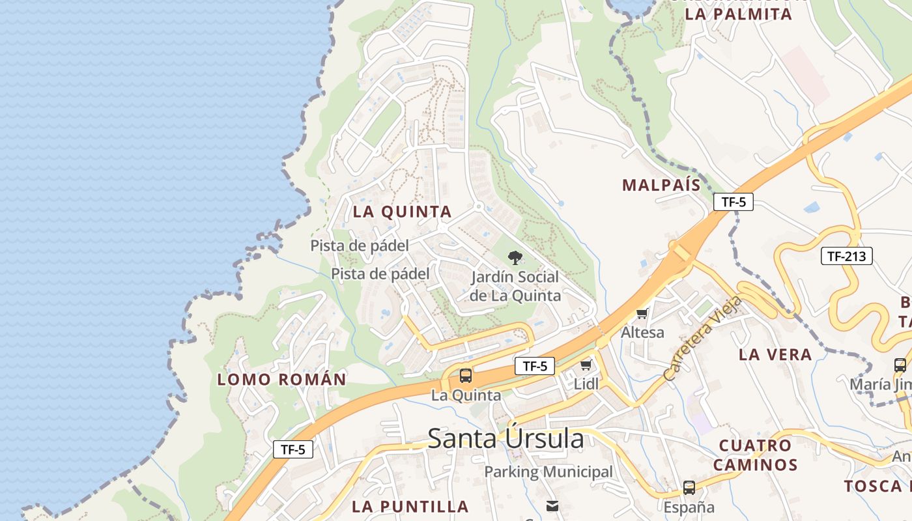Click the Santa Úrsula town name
coord(506,439)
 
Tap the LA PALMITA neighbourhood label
coord(739,14)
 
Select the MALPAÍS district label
coord(661,185)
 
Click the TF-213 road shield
coord(846,256)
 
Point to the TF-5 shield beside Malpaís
coord(733,202)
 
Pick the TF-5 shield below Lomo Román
coord(292,449)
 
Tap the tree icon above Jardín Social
coord(515,257)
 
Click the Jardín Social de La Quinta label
coord(515,286)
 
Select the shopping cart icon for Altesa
coord(642,314)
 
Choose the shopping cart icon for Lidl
coord(586,365)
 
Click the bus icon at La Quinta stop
coord(466,376)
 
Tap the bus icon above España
coord(689,488)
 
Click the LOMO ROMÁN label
coord(281,379)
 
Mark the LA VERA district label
coord(775,354)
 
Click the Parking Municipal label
coord(548,472)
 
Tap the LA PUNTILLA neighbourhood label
coord(410,506)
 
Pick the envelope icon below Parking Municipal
coord(552,505)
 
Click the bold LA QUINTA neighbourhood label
coord(402,212)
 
